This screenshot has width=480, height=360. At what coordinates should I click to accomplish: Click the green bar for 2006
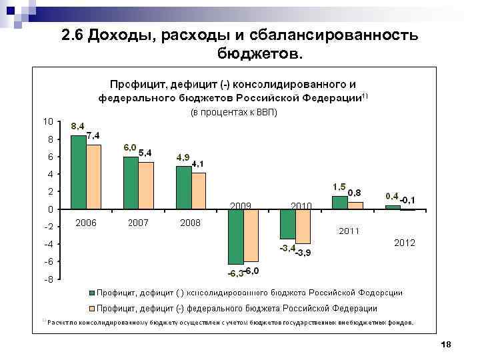(x=79, y=172)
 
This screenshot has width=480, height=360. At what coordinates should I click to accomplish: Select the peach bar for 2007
(x=146, y=185)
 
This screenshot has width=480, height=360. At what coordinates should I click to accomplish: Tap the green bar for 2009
(x=235, y=237)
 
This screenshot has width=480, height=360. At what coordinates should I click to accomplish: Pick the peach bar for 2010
(x=303, y=226)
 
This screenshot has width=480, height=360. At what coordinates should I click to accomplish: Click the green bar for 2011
(x=339, y=202)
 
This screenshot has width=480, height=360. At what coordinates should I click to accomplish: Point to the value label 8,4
(x=78, y=125)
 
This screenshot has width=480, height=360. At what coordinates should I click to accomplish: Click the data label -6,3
(x=235, y=273)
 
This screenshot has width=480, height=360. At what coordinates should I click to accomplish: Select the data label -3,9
(x=302, y=252)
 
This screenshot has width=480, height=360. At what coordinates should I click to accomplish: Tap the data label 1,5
(x=339, y=186)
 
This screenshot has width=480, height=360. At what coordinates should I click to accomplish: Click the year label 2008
(x=190, y=223)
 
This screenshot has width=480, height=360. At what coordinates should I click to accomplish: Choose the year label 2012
(x=404, y=243)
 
